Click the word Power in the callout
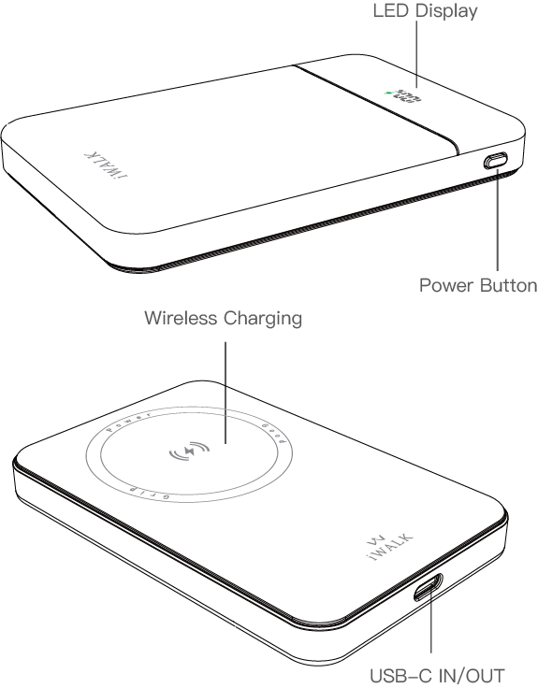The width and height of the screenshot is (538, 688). coord(444,285)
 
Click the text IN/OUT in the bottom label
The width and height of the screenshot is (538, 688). coord(473,675)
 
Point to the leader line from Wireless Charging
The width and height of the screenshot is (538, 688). coord(225,383)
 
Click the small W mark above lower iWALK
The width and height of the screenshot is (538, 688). coord(367,542)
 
